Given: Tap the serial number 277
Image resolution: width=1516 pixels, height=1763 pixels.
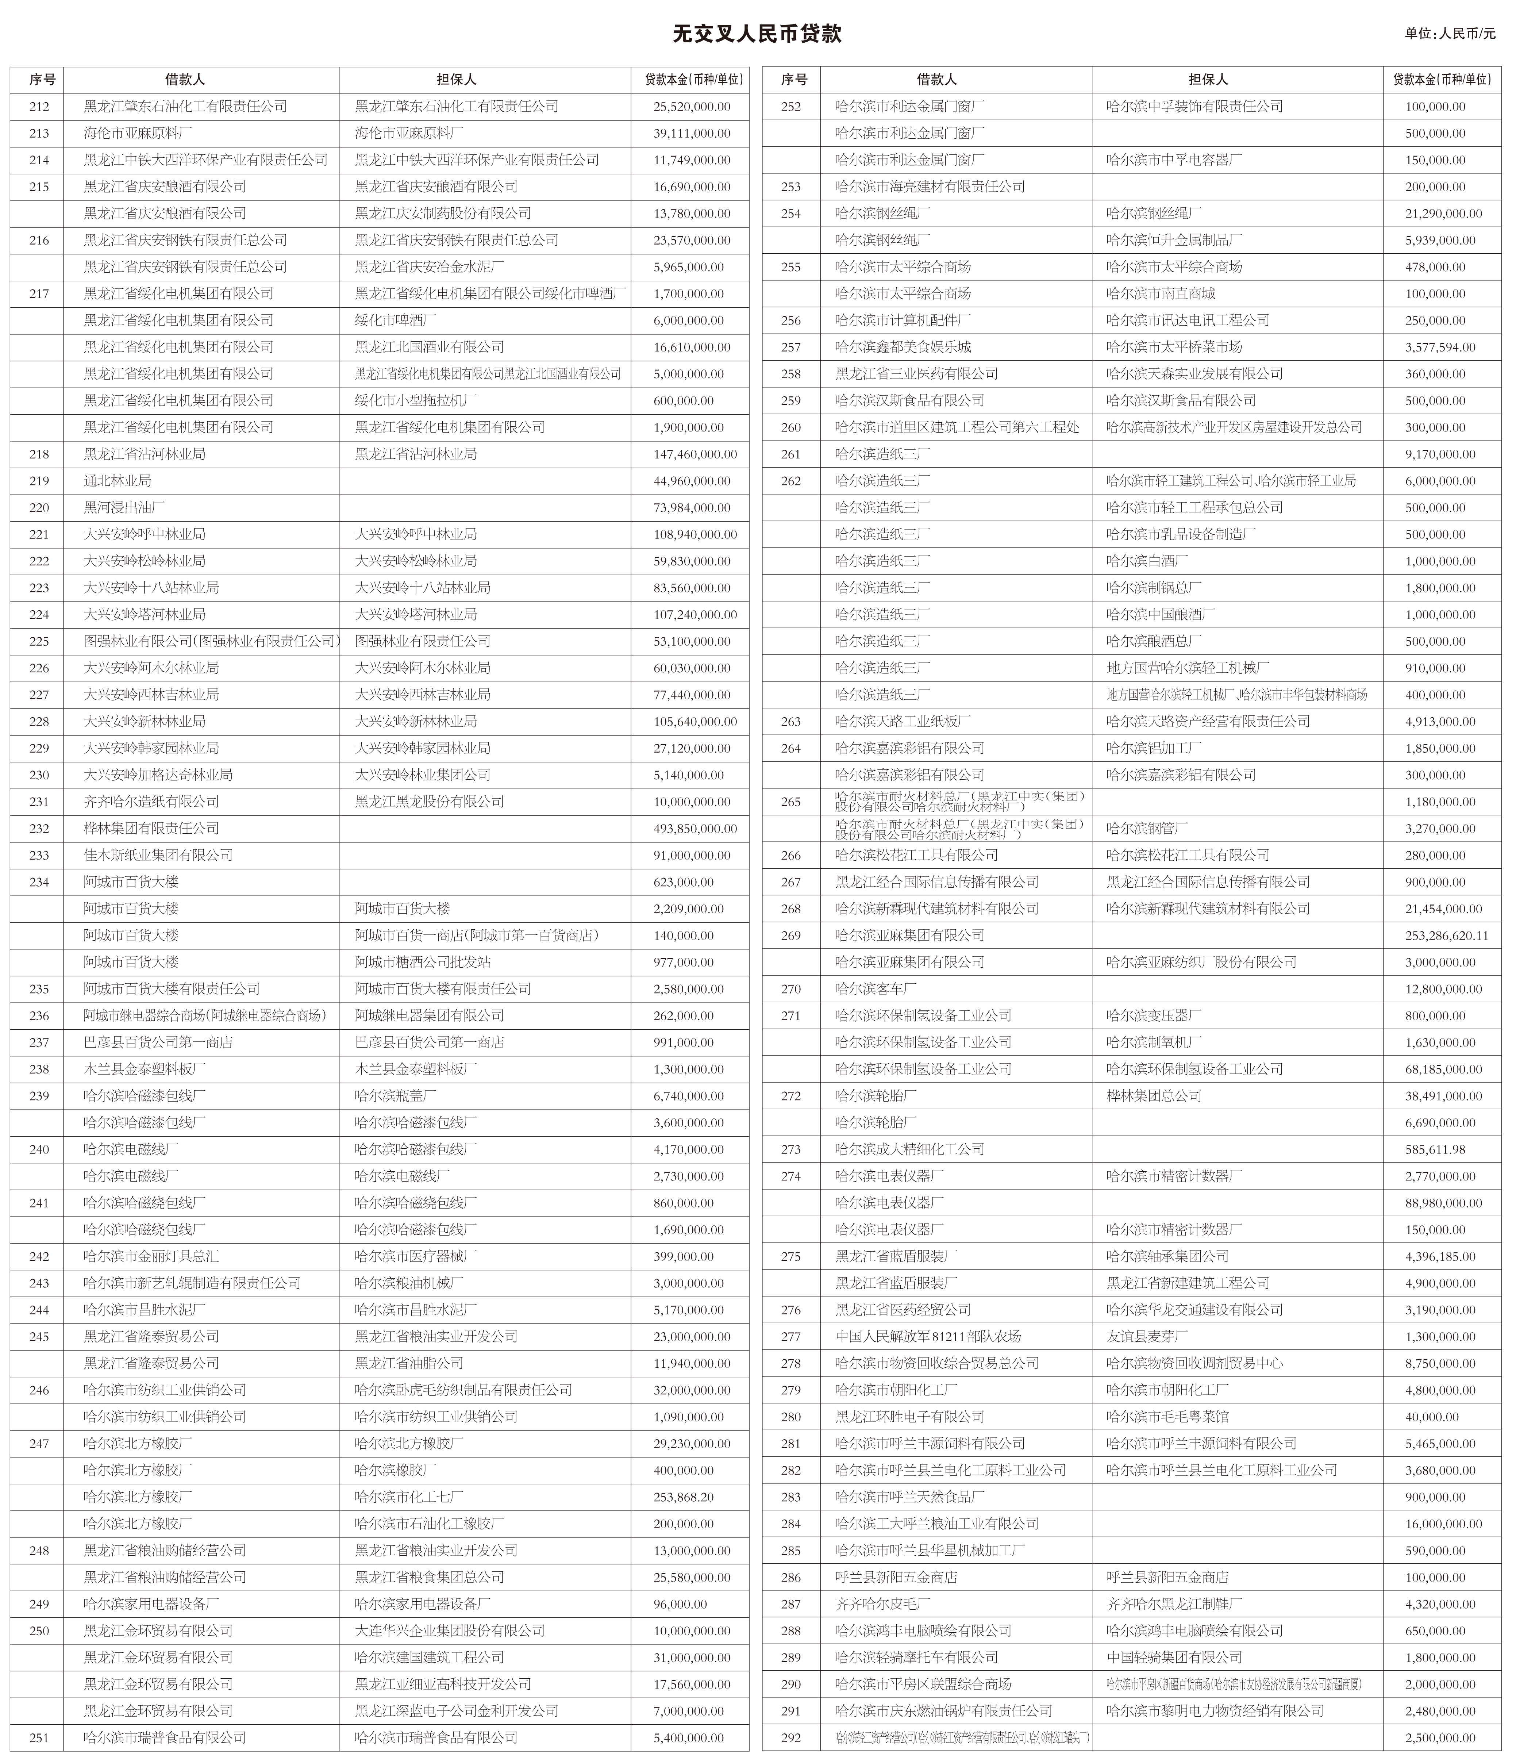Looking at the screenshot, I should click(x=791, y=1337).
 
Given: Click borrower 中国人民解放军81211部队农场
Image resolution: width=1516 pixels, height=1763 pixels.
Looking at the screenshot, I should click(x=927, y=1337).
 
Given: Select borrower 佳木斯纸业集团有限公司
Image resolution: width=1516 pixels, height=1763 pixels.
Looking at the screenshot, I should click(x=158, y=855).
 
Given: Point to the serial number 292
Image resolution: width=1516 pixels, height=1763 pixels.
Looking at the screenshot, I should click(x=791, y=1737).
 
